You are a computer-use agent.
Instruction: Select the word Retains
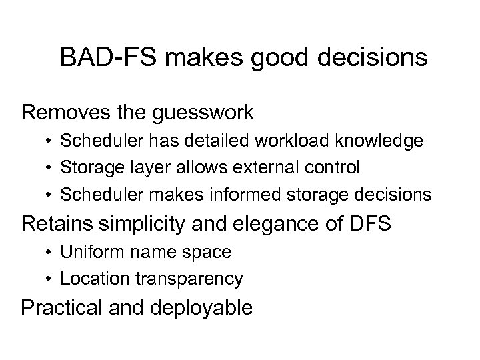click(x=55, y=223)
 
